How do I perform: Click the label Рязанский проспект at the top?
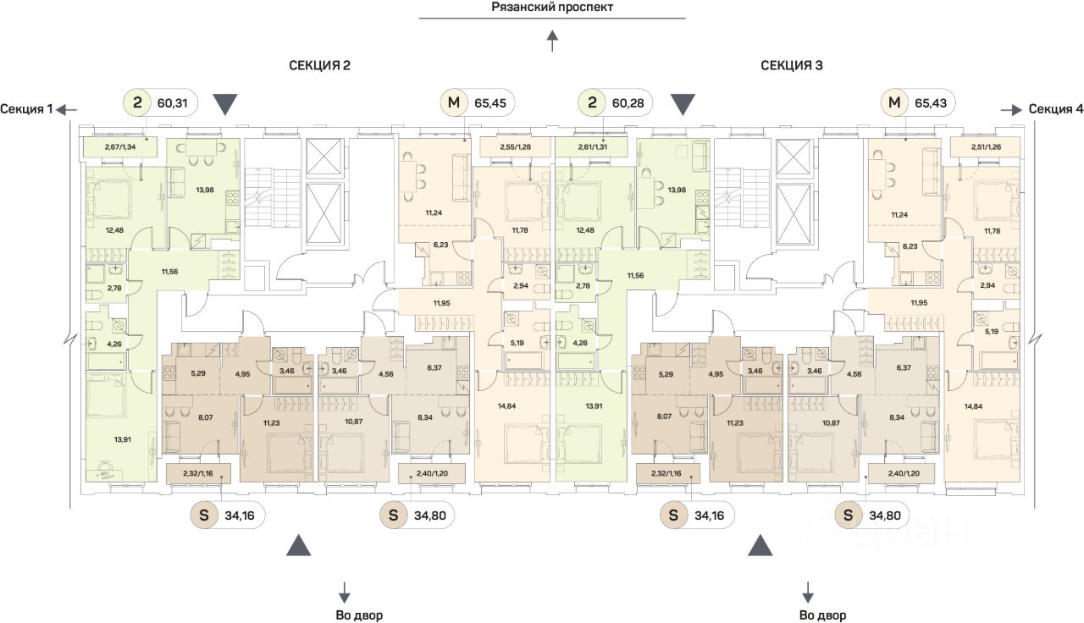[x=552, y=8]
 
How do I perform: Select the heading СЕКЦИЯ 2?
[x=319, y=65]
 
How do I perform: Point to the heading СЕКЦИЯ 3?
[x=792, y=65]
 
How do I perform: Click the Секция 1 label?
[x=26, y=109]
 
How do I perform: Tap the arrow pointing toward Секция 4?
[x=1012, y=109]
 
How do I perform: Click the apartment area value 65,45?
[x=489, y=104]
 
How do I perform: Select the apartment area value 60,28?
[x=628, y=104]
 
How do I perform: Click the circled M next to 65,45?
[x=455, y=104]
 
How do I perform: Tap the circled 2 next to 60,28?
[x=593, y=104]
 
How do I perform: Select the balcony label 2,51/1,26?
[x=987, y=147]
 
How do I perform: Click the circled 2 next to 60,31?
[x=138, y=104]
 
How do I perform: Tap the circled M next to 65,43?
[x=894, y=104]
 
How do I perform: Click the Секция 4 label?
[x=1055, y=109]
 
